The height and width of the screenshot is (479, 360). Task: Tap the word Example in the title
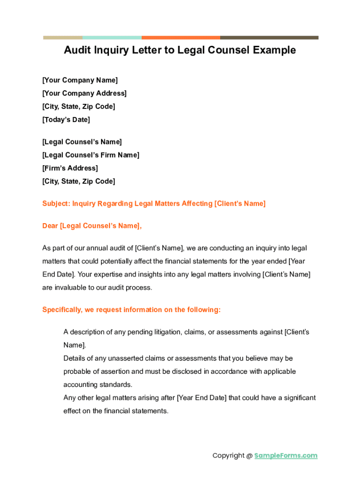pos(274,50)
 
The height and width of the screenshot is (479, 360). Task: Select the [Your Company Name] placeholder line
pos(80,80)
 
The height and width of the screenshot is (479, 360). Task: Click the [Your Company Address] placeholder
pos(84,94)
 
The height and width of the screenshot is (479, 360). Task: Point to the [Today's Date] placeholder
pos(66,120)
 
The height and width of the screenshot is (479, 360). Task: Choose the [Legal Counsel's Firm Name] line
pos(91,155)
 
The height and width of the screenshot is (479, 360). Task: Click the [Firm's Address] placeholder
pos(70,168)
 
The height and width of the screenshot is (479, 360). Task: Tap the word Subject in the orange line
pos(55,203)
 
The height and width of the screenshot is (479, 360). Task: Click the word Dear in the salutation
pos(50,226)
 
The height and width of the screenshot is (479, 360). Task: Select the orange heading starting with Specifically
pos(131,310)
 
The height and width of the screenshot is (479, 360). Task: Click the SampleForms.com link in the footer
pos(286,456)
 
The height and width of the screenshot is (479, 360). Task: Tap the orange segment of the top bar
pos(180,37)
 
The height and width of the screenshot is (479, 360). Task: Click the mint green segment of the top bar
pos(112,37)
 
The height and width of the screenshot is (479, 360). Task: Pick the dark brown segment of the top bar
pos(269,37)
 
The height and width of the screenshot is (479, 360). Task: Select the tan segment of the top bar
pos(63,37)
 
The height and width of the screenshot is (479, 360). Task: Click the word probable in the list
pos(77,371)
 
